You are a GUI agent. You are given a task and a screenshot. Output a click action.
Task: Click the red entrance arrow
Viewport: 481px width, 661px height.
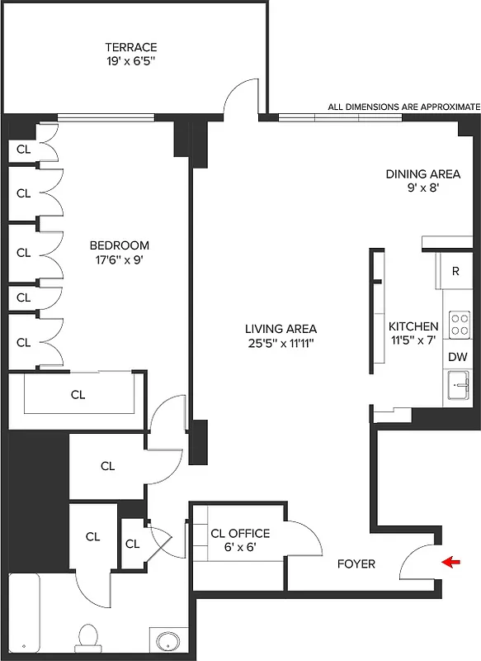pos(452,564)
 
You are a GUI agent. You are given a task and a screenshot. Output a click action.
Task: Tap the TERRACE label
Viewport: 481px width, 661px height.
pos(130,47)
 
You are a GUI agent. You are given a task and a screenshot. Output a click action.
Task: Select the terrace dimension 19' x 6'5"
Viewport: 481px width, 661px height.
pos(130,60)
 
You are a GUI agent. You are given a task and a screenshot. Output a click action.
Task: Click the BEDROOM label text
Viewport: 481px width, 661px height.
pos(120,245)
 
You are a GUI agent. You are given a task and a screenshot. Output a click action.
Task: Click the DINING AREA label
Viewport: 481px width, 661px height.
pos(423,174)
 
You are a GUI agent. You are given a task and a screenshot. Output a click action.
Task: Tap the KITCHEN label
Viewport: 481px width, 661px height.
pos(413,326)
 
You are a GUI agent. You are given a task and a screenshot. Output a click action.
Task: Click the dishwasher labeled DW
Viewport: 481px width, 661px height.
pos(457,357)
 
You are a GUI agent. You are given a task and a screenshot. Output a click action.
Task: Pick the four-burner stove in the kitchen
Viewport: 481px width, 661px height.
pos(458,324)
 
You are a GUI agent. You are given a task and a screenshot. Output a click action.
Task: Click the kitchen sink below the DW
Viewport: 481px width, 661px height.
pos(458,385)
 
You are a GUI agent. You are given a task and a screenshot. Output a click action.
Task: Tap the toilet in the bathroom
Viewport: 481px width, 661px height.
pos(88,638)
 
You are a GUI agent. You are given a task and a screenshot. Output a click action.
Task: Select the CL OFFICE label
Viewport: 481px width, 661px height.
pos(240,534)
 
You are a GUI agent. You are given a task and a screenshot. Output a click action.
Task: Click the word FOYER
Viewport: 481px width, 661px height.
pos(356,564)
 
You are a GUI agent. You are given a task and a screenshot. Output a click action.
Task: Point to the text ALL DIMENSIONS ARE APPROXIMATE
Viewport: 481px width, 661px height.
pos(403,107)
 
